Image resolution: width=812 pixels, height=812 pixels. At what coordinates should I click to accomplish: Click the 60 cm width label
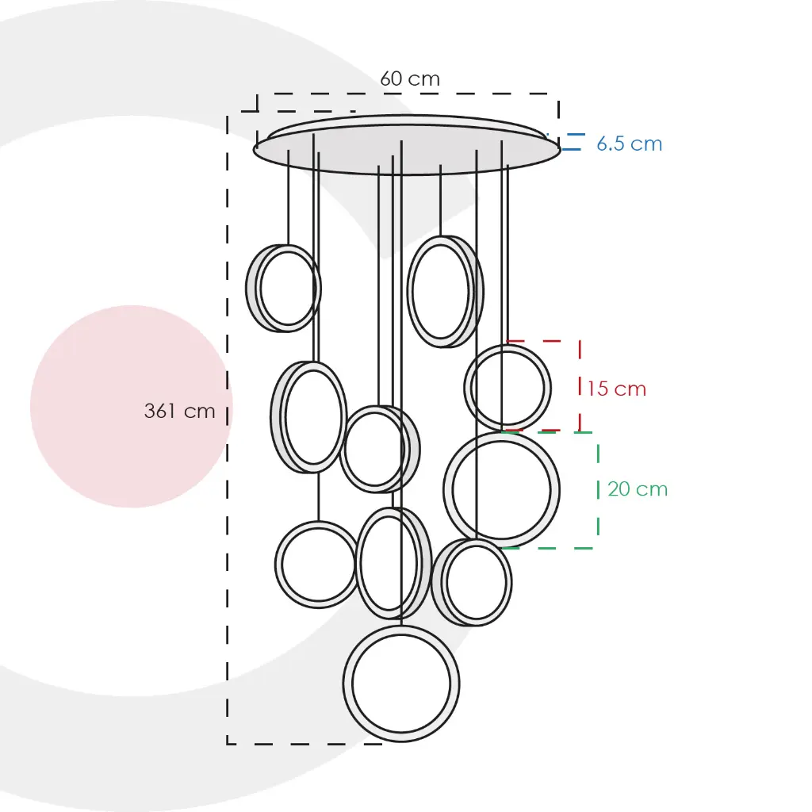point(409,79)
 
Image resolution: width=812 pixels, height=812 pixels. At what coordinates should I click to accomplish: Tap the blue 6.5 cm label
point(629,144)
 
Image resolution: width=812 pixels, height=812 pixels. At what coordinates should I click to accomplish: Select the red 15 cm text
point(616,389)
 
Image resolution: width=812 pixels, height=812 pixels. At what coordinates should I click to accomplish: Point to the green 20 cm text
point(638,489)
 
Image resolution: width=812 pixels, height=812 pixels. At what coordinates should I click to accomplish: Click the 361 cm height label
point(179,412)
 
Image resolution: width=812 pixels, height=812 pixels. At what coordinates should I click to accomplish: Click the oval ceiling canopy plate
point(406,147)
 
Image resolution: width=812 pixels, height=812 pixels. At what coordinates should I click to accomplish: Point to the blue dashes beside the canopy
point(573,142)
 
